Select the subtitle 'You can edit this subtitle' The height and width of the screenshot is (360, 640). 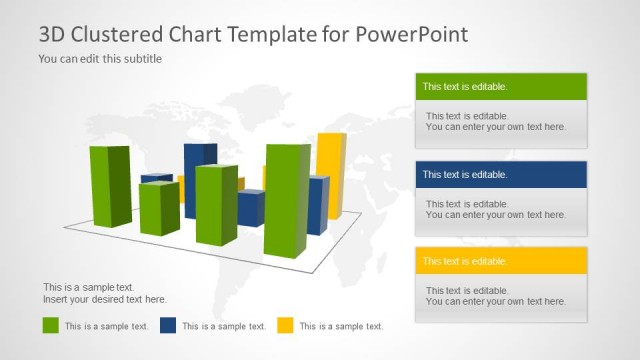[x=100, y=59]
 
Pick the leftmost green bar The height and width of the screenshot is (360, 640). [x=110, y=187]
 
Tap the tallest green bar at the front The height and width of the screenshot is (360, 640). [x=287, y=200]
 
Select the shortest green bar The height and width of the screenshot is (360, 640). [x=158, y=208]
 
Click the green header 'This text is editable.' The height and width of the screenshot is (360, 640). [x=501, y=87]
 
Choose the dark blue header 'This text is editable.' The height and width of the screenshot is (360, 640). [x=501, y=174]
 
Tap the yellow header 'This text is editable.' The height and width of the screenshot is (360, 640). [x=501, y=261]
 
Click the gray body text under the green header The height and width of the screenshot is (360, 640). [x=496, y=122]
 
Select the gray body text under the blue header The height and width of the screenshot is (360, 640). [x=496, y=209]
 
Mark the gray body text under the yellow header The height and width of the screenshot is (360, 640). [x=496, y=296]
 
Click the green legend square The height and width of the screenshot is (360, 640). [x=51, y=325]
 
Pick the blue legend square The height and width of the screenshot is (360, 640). [x=168, y=325]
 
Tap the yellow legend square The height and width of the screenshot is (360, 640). [x=285, y=325]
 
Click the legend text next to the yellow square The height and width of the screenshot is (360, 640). [x=341, y=326]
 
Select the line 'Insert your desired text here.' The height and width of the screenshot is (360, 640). [x=105, y=299]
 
